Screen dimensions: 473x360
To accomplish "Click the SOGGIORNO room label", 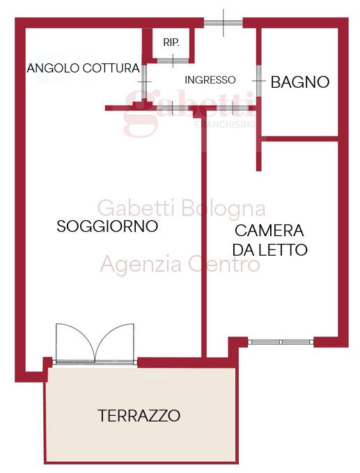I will tap(107, 226).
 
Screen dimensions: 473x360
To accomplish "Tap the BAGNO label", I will tap(299, 82).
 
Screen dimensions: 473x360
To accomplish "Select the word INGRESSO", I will tap(210, 79).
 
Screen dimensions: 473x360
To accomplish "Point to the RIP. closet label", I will tap(171, 43).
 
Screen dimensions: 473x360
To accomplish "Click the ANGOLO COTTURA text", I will tap(84, 68).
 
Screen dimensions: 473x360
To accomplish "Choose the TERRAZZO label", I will tap(139, 416).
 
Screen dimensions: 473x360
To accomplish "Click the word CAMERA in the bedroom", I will tap(269, 231).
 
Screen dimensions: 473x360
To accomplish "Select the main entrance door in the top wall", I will tap(223, 23).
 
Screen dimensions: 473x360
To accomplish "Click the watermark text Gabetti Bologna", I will tap(181, 208).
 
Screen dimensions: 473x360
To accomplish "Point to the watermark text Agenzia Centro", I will tap(180, 265).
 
